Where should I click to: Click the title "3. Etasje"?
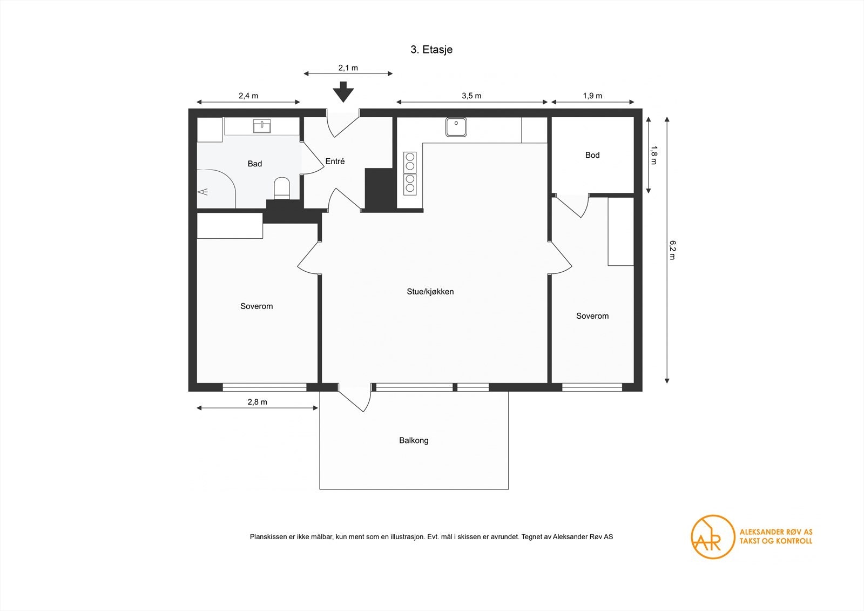pyautogui.click(x=431, y=50)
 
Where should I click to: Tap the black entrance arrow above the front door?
pyautogui.click(x=343, y=92)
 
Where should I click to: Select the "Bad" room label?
pyautogui.click(x=254, y=164)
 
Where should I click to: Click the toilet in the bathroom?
pyautogui.click(x=281, y=189)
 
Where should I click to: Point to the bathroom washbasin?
pyautogui.click(x=261, y=126)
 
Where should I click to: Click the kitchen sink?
pyautogui.click(x=456, y=127)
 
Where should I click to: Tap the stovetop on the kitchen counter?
pyautogui.click(x=410, y=173)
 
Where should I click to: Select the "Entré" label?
pyautogui.click(x=335, y=162)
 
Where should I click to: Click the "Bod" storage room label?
pyautogui.click(x=592, y=155)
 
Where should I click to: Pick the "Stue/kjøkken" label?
pyautogui.click(x=430, y=292)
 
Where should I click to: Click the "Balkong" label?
pyautogui.click(x=414, y=440)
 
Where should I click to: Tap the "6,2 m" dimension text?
pyautogui.click(x=672, y=250)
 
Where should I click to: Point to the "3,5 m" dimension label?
pyautogui.click(x=471, y=96)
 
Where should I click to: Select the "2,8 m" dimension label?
pyautogui.click(x=257, y=402)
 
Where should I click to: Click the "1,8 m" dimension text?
pyautogui.click(x=653, y=155)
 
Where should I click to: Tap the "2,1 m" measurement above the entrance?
pyautogui.click(x=348, y=68)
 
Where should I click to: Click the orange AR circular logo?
pyautogui.click(x=713, y=537)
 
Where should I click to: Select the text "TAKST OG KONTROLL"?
pyautogui.click(x=775, y=541)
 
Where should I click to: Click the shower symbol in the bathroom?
pyautogui.click(x=203, y=191)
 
